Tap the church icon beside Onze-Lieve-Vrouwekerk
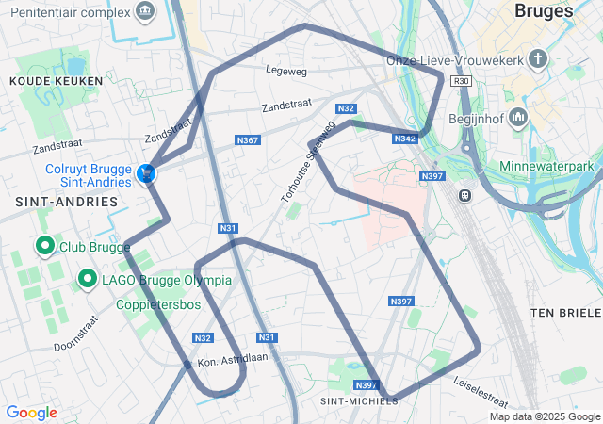pyautogui.click(x=538, y=60)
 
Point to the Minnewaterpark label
pyautogui.click(x=551, y=167)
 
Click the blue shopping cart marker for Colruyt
pyautogui.click(x=146, y=173)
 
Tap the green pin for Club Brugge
pyautogui.click(x=44, y=247)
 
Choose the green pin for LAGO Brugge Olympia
pyautogui.click(x=88, y=279)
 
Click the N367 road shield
pyautogui.click(x=248, y=140)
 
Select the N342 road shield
pyautogui.click(x=405, y=139)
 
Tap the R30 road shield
pyautogui.click(x=461, y=82)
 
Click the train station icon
pyautogui.click(x=464, y=195)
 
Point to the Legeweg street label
pyautogui.click(x=287, y=70)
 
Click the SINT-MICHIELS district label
pyautogui.click(x=359, y=400)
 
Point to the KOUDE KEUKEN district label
pyautogui.click(x=41, y=82)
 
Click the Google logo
pyautogui.click(x=31, y=413)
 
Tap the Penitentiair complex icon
pyautogui.click(x=144, y=11)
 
